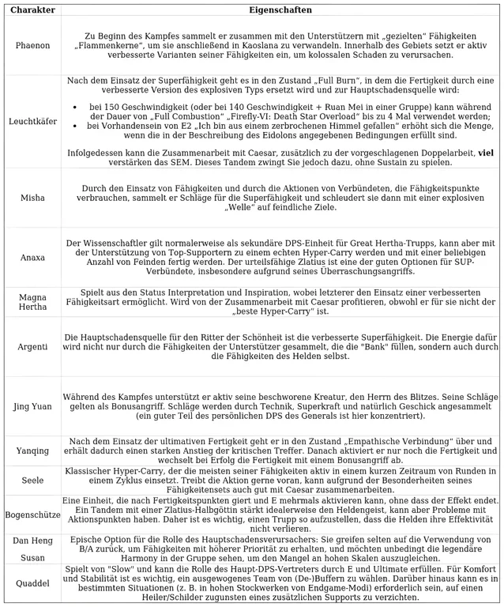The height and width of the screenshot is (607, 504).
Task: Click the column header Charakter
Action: coord(32,10)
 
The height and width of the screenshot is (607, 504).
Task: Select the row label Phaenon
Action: coord(32,46)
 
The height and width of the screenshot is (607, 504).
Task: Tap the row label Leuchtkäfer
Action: coord(32,122)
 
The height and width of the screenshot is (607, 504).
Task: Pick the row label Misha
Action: coord(32,198)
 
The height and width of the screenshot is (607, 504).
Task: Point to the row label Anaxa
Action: coord(32,257)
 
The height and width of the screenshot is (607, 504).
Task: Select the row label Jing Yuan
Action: coord(32,406)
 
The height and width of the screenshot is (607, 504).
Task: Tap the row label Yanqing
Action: coord(32,450)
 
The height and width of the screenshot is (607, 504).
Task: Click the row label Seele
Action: coord(32,480)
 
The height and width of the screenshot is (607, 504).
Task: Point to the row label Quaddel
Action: coord(32,584)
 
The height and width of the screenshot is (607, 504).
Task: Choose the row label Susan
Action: coord(32,557)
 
